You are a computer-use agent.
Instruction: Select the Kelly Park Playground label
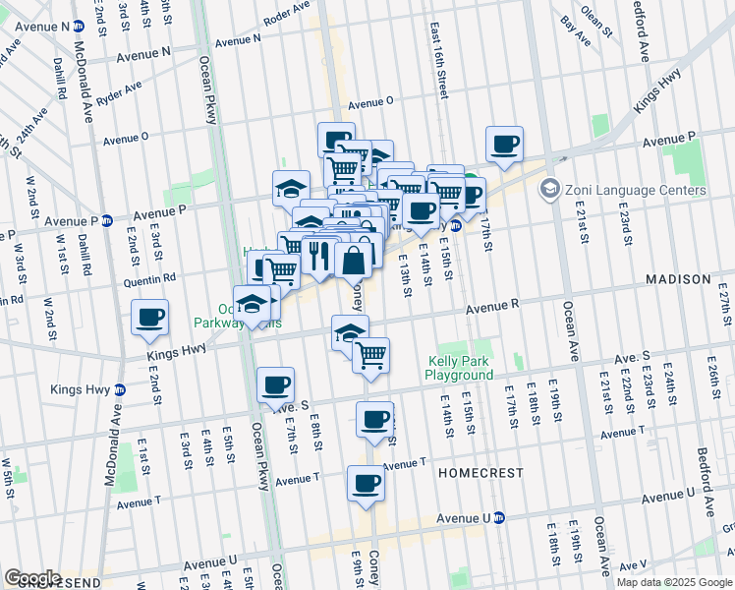459,368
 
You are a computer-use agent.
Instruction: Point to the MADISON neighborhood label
678,280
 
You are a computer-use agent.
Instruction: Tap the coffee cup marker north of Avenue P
504,145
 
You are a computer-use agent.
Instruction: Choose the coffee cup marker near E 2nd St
150,318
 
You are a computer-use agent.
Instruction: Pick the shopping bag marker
354,261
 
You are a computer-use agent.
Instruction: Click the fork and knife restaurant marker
319,257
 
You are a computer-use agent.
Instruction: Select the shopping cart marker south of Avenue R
371,355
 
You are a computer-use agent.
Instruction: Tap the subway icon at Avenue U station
498,517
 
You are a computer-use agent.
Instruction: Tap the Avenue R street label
491,306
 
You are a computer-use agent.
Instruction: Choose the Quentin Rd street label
149,278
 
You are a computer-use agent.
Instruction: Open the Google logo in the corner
32,578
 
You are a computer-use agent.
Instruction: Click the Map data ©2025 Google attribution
674,582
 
